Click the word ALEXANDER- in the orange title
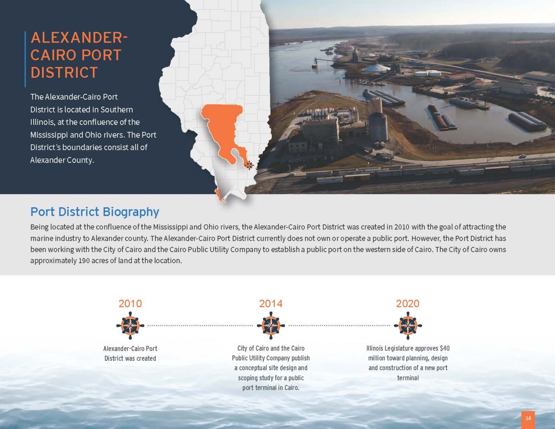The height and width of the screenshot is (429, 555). pyautogui.click(x=79, y=38)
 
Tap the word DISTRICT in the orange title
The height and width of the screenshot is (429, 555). pyautogui.click(x=64, y=73)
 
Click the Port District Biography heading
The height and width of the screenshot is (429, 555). pyautogui.click(x=95, y=212)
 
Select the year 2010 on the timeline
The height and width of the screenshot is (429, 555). pyautogui.click(x=130, y=304)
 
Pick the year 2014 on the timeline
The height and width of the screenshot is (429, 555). pyautogui.click(x=271, y=304)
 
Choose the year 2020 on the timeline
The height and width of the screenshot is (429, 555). pyautogui.click(x=408, y=304)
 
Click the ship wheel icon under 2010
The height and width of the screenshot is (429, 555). pyautogui.click(x=130, y=326)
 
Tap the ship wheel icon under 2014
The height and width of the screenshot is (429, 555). pyautogui.click(x=271, y=326)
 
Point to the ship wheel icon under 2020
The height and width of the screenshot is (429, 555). pyautogui.click(x=408, y=326)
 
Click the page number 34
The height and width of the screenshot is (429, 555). pyautogui.click(x=528, y=419)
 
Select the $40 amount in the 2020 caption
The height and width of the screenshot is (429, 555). pyautogui.click(x=444, y=348)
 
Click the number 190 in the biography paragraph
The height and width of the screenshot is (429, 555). pyautogui.click(x=84, y=261)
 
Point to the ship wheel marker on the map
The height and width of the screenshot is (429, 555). pyautogui.click(x=249, y=165)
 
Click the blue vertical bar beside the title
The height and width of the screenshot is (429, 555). pyautogui.click(x=25, y=59)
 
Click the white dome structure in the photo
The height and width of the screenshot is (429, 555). pyautogui.click(x=376, y=68)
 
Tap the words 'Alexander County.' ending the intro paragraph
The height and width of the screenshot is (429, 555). pyautogui.click(x=62, y=160)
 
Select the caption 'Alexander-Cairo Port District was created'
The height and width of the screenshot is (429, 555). pyautogui.click(x=130, y=353)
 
